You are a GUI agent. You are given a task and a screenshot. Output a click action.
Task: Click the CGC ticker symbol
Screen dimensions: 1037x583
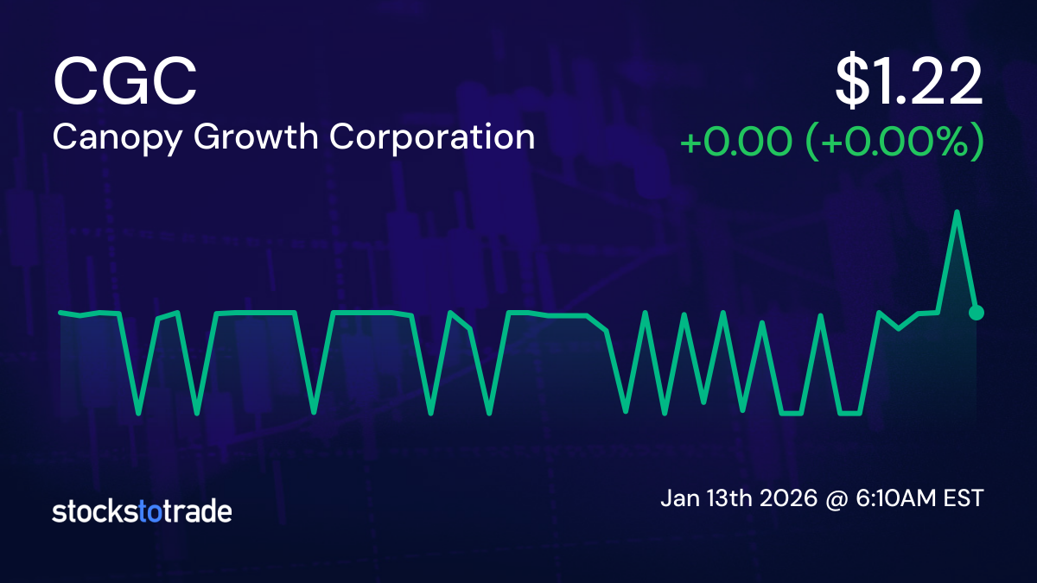click(x=125, y=81)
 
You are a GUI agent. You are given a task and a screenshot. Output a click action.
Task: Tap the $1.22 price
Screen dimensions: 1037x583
click(x=909, y=83)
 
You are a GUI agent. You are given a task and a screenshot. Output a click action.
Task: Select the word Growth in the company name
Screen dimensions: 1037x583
click(x=256, y=136)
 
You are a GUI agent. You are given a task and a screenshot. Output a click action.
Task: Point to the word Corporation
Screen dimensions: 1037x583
click(x=432, y=138)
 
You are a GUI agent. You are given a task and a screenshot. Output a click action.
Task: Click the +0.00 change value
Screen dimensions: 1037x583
click(x=736, y=141)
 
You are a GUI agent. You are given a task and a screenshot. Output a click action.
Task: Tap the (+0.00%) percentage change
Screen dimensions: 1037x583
click(x=895, y=141)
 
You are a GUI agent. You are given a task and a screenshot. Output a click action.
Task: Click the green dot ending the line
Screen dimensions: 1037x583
click(x=977, y=313)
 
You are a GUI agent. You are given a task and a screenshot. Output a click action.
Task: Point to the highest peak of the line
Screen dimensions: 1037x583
click(x=957, y=212)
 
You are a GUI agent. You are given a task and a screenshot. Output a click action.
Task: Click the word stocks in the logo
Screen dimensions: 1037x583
click(x=95, y=511)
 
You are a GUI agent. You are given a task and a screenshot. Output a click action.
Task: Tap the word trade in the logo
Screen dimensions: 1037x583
click(x=197, y=511)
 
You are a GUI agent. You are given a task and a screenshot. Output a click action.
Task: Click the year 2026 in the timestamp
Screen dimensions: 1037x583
click(x=789, y=498)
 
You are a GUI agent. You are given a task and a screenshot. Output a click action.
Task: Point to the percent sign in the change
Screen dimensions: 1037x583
click(x=953, y=141)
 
